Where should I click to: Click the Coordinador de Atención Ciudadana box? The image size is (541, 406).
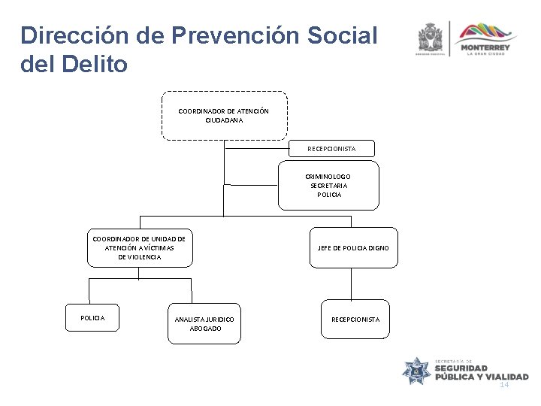[223, 116]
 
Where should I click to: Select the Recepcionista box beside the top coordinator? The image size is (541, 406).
[331, 149]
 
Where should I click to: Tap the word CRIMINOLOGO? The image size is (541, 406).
[329, 176]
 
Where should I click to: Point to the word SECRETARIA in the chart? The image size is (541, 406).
[329, 185]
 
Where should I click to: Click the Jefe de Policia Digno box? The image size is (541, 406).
[352, 247]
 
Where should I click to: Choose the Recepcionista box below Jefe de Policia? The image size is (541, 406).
[355, 320]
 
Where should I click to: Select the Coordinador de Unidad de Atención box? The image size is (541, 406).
[139, 247]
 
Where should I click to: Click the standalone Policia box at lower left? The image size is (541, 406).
[92, 318]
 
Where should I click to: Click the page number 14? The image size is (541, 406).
[504, 384]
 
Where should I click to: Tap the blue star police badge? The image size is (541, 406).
[417, 369]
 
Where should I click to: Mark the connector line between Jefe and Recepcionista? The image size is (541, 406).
[351, 283]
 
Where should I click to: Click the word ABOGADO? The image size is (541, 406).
[205, 329]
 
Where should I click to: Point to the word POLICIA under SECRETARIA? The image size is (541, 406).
[329, 195]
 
